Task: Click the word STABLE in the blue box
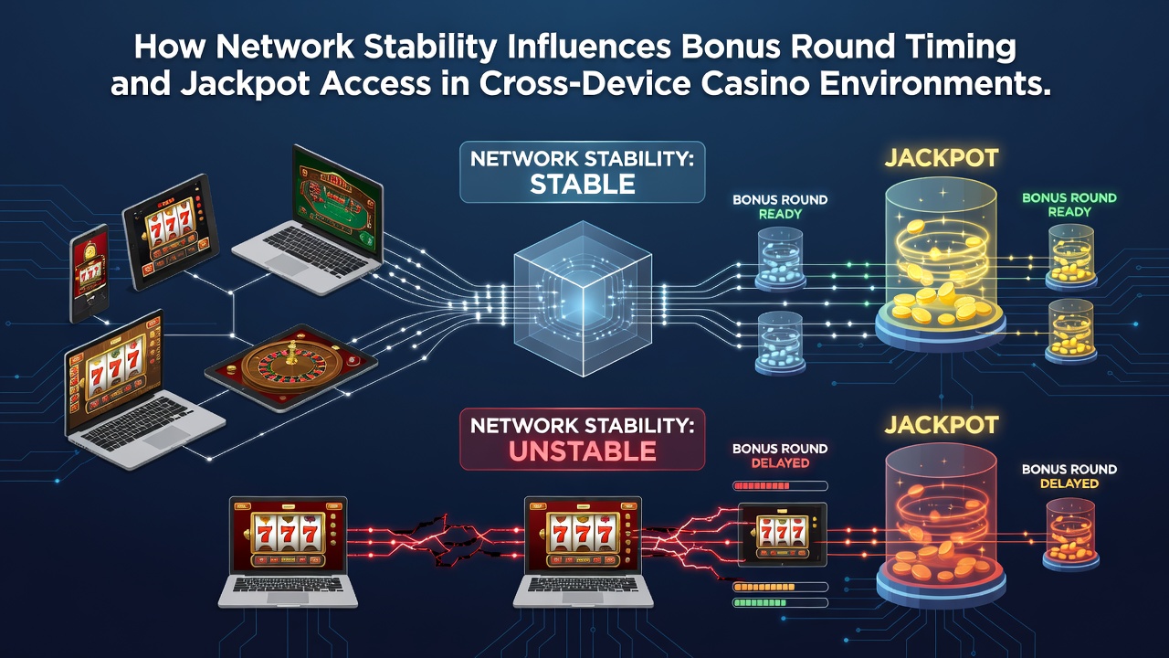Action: click(x=583, y=185)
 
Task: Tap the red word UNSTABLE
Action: click(x=583, y=451)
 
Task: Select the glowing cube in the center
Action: click(x=583, y=299)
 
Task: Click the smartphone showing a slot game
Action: click(x=90, y=273)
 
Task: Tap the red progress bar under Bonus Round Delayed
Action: click(x=780, y=486)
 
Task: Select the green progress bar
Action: click(x=780, y=602)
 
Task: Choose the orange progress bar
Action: click(x=780, y=587)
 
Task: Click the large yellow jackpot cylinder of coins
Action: click(x=941, y=264)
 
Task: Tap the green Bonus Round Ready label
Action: click(x=1069, y=205)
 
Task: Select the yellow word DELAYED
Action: click(x=1069, y=483)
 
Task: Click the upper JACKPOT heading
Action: click(x=942, y=158)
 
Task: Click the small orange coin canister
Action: click(x=1070, y=534)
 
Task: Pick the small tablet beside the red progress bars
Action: click(x=783, y=535)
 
